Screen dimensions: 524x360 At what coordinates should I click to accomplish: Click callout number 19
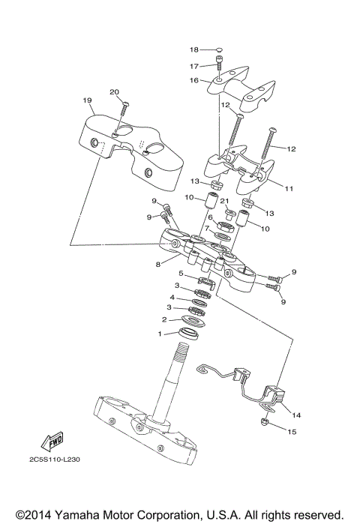pos(87,100)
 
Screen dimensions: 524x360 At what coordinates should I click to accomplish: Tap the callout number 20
pos(115,92)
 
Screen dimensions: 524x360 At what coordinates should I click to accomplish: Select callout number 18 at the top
pos(193,50)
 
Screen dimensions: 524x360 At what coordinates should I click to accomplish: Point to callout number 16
pos(193,80)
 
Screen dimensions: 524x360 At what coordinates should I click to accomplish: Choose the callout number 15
pos(292,431)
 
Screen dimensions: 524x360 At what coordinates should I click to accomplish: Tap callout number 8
pos(157,264)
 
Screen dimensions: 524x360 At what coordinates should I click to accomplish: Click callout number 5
pos(180,274)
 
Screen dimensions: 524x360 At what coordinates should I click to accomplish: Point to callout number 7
pos(206,228)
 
